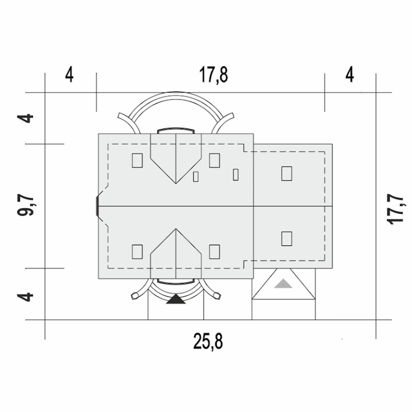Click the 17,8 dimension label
213,75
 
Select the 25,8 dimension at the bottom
208,342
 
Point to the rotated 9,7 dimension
25,206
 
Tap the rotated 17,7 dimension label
395,209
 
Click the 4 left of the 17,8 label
69,75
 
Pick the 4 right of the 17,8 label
350,75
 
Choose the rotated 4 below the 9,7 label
25,297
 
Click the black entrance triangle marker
176,299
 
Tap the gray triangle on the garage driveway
283,284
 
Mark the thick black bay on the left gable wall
97,206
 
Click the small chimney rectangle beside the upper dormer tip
196,177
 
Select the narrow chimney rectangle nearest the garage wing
236,175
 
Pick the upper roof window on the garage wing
287,173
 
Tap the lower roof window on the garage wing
287,239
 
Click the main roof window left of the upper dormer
137,160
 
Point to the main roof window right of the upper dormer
214,160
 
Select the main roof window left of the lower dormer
137,252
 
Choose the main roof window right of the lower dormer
214,252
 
